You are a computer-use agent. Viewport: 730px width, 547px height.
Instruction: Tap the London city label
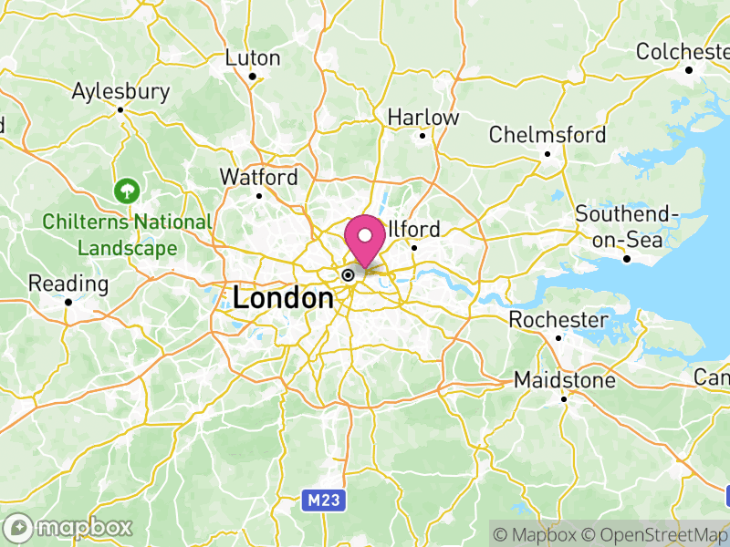coord(283,298)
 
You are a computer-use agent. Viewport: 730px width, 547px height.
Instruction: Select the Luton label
coord(253,57)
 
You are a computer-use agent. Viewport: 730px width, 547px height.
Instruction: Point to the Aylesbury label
coord(121,91)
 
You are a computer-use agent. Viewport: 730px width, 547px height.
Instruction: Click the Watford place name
coord(259,177)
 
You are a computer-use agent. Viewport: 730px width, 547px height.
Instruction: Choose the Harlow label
coord(423,118)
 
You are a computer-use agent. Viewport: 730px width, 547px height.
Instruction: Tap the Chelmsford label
coord(547,135)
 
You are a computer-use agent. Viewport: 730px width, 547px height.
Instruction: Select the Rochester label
coord(558,320)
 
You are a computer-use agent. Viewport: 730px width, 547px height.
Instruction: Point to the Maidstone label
coord(565,379)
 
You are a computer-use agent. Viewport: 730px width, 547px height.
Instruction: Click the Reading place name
coord(68,284)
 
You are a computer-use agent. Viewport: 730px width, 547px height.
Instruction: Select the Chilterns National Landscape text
coord(127,234)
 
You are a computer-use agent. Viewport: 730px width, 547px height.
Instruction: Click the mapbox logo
coord(69,527)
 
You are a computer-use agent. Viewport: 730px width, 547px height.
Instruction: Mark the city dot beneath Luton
coord(252,76)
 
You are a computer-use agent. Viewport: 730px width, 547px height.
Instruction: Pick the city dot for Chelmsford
coord(547,153)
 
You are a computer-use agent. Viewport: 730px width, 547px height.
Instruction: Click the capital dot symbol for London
coord(348,274)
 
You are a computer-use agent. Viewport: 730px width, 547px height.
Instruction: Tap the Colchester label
coord(684,52)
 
